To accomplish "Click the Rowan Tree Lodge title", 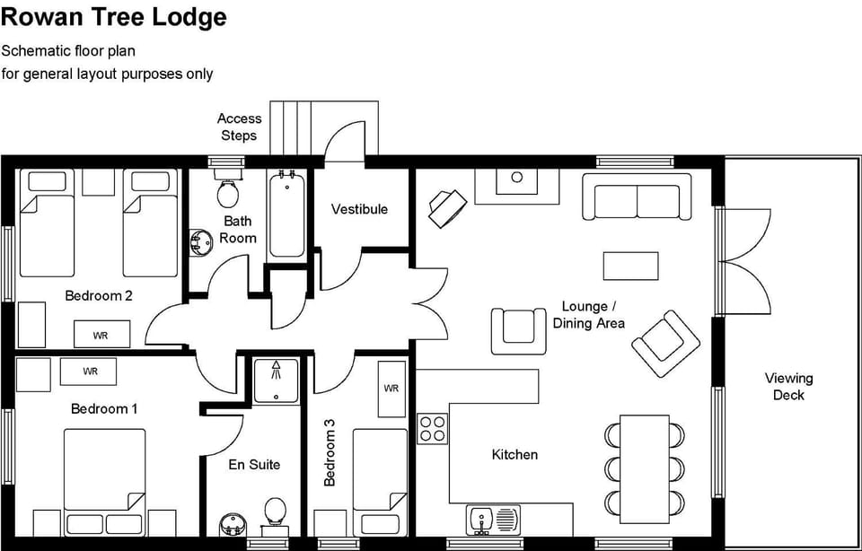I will click(x=113, y=17).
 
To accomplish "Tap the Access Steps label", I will click(x=239, y=127).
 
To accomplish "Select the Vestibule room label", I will click(x=359, y=209).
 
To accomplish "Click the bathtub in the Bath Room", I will click(x=287, y=215).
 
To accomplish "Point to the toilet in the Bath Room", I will click(x=227, y=190).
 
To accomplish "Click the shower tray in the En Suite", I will click(x=275, y=380).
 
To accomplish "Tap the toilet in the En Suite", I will click(x=275, y=512).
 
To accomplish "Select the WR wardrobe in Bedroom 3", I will click(x=391, y=389).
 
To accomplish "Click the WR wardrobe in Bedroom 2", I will click(x=101, y=335).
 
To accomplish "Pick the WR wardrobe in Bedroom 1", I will click(x=90, y=372).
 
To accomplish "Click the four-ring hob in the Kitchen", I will click(x=433, y=428).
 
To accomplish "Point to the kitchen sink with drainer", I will click(x=493, y=520).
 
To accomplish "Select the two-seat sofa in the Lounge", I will click(x=638, y=197).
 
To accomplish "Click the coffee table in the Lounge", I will click(x=630, y=266).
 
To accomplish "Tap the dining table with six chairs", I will click(x=645, y=467).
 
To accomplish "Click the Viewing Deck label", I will click(x=788, y=387).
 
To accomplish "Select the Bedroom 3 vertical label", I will click(x=330, y=459).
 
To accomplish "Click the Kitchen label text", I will click(x=515, y=455).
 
